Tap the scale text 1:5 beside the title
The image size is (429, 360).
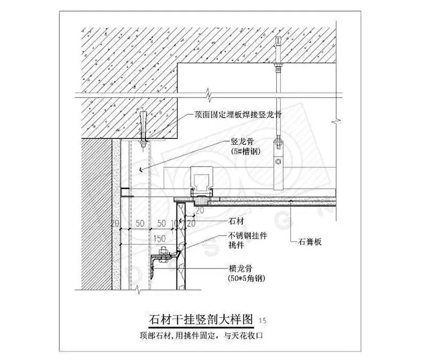click(262, 321)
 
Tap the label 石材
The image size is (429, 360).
click(236, 220)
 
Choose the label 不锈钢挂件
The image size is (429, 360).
click(247, 235)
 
